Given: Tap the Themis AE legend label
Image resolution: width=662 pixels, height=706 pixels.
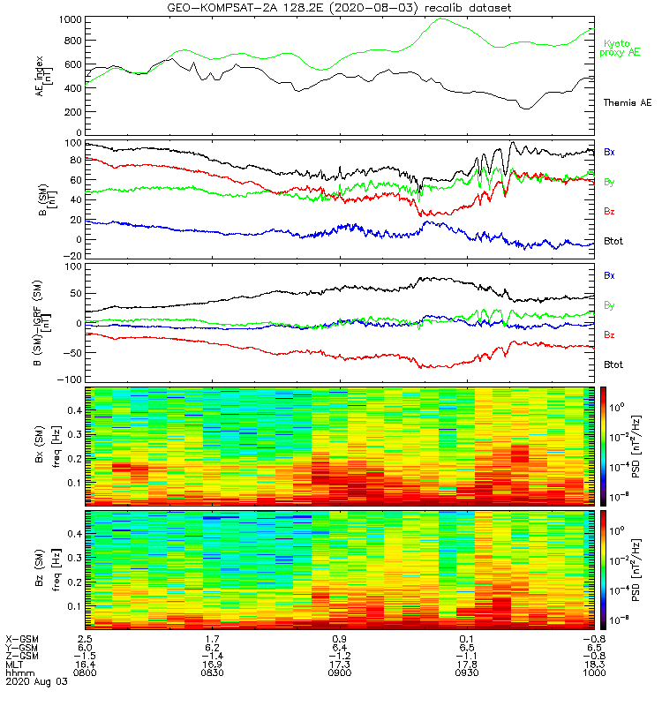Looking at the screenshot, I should (626, 103).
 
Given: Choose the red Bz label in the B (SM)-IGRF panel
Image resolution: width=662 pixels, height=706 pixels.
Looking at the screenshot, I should (609, 335).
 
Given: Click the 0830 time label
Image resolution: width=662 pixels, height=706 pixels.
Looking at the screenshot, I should (213, 672).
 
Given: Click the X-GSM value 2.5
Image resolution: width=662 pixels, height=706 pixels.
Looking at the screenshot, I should (86, 637).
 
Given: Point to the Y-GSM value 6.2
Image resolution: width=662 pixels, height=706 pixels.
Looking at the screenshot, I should (213, 646).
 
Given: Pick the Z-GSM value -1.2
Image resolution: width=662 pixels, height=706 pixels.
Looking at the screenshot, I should (338, 655).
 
